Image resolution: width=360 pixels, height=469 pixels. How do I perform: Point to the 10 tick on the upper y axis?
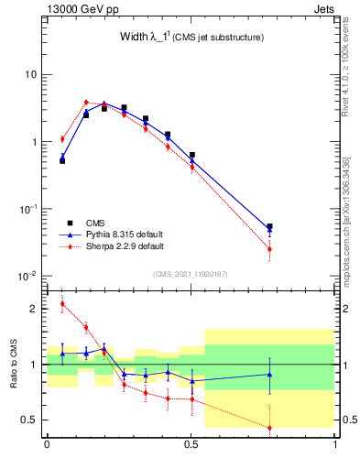32,74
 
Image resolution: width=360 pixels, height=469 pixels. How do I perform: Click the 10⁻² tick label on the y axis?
30,277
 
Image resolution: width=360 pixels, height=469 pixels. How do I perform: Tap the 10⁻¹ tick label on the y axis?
30,210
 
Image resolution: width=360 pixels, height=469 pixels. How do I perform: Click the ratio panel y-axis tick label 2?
34,309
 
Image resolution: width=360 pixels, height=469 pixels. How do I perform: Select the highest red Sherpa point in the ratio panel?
62,304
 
